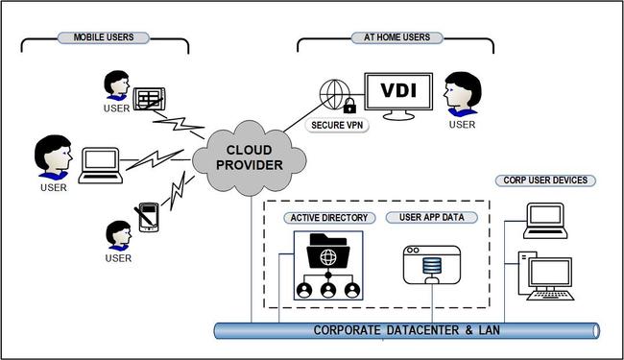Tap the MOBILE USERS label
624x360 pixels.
[103, 37]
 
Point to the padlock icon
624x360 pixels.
[349, 105]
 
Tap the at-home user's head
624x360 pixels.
[464, 91]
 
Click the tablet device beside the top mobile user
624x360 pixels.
[150, 97]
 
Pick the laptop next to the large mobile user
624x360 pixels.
[99, 163]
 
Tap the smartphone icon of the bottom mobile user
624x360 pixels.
[148, 217]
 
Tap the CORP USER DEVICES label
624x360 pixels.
[545, 180]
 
